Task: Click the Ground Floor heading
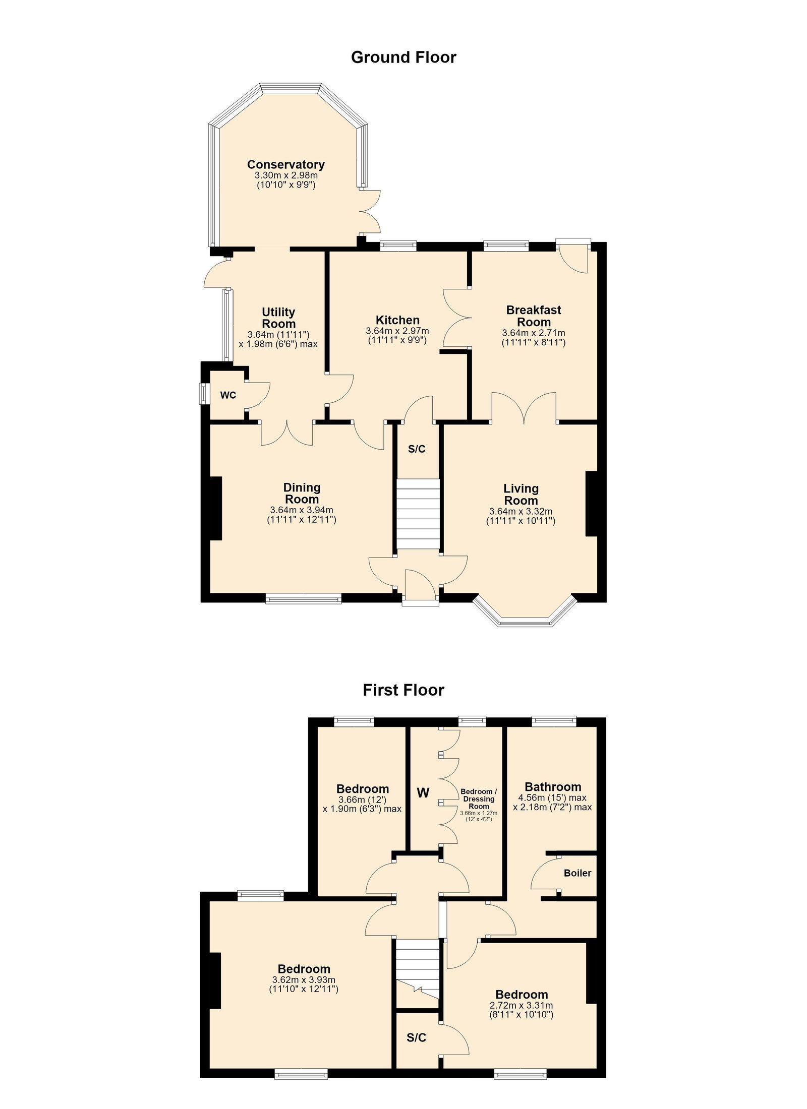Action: [x=403, y=57]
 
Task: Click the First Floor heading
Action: [x=403, y=690]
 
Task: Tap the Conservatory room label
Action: [x=285, y=164]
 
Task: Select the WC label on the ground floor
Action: [x=228, y=395]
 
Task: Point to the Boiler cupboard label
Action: [x=578, y=873]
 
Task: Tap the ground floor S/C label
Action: [x=417, y=449]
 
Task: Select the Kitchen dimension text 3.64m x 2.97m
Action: [x=397, y=331]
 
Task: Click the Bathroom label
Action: [x=553, y=786]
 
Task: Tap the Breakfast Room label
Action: [x=534, y=316]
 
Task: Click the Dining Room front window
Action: [x=304, y=599]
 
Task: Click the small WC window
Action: [x=203, y=394]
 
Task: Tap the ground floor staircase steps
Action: [x=418, y=514]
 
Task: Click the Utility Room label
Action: [x=278, y=318]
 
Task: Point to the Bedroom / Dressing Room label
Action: [x=479, y=799]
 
